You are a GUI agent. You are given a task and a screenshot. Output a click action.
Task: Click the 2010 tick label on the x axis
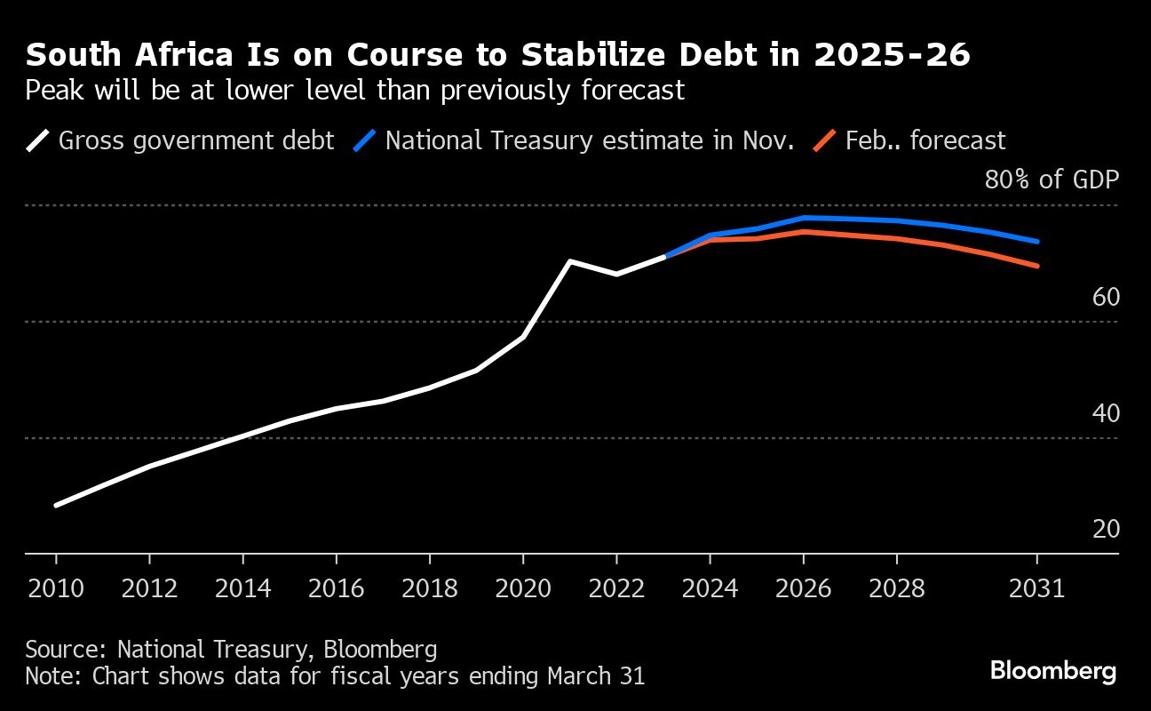(x=56, y=589)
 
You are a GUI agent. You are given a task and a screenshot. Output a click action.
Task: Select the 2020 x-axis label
(x=523, y=589)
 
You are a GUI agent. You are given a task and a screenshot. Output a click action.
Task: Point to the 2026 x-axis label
(x=803, y=589)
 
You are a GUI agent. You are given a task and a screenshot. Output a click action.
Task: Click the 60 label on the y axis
(x=1106, y=298)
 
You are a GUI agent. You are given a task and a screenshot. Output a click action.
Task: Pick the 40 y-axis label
(x=1106, y=413)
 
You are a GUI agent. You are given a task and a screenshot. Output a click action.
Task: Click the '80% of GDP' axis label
(x=1052, y=180)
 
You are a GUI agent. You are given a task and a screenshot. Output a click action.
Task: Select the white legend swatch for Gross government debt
(x=38, y=140)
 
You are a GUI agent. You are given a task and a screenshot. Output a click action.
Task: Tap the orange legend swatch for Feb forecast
(x=825, y=140)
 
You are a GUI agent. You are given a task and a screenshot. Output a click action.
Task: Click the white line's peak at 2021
(x=569, y=261)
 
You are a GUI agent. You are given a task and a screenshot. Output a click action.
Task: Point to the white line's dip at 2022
(x=616, y=274)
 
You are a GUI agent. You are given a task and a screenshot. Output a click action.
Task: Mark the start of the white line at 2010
(x=56, y=506)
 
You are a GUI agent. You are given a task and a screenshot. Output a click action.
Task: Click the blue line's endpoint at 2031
(x=1037, y=241)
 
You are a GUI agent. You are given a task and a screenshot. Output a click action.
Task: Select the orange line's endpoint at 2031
(x=1037, y=266)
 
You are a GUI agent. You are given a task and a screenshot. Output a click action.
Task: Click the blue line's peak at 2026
(x=804, y=217)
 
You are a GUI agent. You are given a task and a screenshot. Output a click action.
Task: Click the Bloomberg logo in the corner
(x=1053, y=671)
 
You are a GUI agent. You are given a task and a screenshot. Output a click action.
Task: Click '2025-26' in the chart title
(x=892, y=56)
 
